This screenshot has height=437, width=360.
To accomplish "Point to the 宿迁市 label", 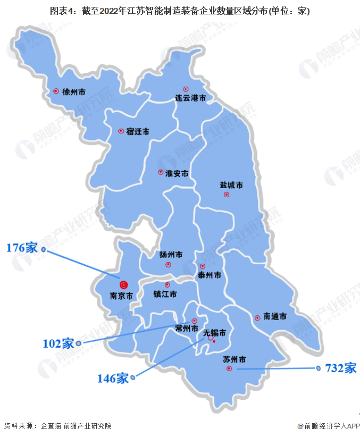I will [138, 131].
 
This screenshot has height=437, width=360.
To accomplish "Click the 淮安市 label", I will [177, 173].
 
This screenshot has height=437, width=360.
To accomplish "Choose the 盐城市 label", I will [231, 186].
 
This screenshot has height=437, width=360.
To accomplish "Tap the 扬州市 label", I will [171, 255].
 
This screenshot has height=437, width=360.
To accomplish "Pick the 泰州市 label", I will [209, 275].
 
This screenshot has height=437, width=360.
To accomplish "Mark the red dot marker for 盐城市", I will [227, 195].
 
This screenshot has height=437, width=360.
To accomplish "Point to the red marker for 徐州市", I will [56, 91].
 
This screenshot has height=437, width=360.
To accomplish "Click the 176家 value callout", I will [22, 248].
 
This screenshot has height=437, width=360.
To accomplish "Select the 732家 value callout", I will [341, 368].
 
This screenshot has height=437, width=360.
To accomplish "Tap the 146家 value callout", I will [113, 379].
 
